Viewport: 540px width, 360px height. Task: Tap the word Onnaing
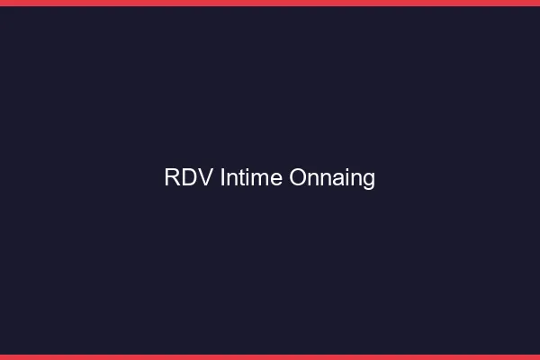[332, 178]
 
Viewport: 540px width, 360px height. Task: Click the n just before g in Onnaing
[355, 178]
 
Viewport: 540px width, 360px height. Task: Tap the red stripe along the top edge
[270, 3]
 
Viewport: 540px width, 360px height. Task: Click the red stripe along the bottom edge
[270, 357]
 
